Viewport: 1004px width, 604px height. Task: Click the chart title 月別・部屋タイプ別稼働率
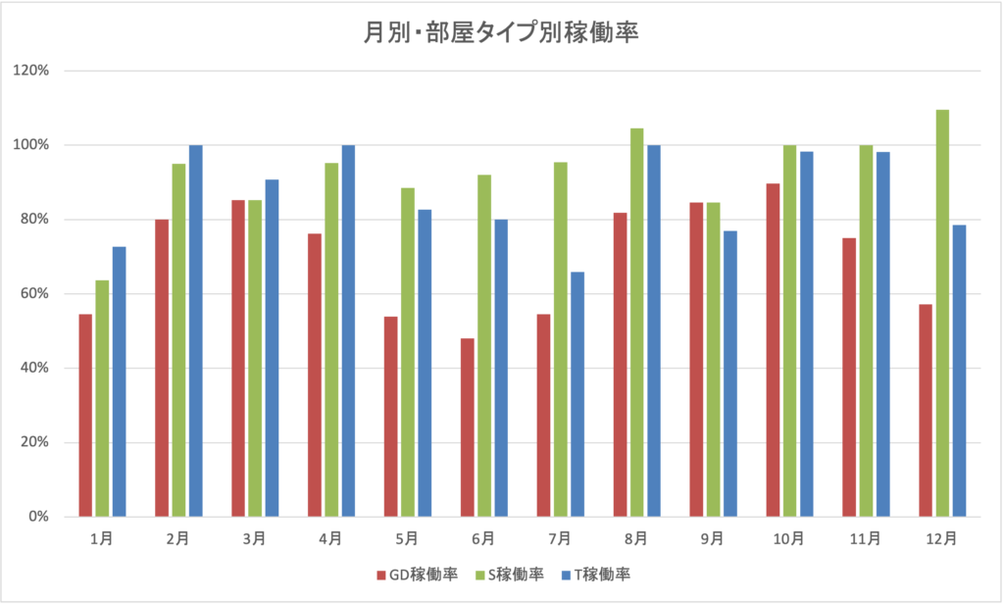pyautogui.click(x=501, y=33)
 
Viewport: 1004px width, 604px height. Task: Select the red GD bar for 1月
pyautogui.click(x=85, y=415)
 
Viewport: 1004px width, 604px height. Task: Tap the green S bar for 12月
pyautogui.click(x=942, y=314)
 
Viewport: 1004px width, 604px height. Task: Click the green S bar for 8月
pyautogui.click(x=637, y=323)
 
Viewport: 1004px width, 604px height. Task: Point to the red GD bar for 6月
pyautogui.click(x=468, y=428)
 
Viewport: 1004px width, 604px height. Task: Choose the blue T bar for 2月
pyautogui.click(x=195, y=330)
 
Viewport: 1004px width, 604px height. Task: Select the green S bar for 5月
pyautogui.click(x=408, y=352)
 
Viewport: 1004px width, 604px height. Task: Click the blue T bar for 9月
pyautogui.click(x=730, y=374)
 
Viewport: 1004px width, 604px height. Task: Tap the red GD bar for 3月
pyautogui.click(x=238, y=358)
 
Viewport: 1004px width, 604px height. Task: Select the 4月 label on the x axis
pyautogui.click(x=330, y=537)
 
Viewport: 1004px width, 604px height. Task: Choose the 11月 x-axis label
pyautogui.click(x=866, y=537)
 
